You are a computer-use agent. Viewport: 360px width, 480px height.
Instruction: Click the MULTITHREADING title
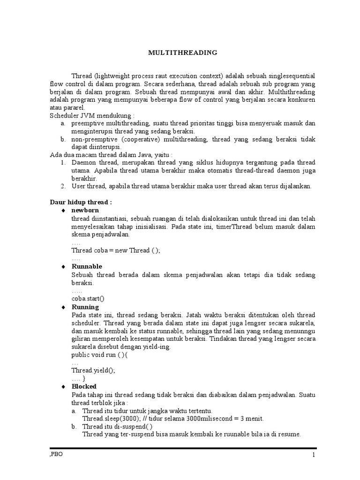tap(183, 52)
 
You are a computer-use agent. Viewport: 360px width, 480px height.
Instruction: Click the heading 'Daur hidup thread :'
tap(81, 202)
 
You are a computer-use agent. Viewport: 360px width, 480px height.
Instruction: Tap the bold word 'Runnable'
tap(87, 266)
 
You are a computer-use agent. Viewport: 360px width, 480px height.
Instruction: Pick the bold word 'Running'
tap(85, 307)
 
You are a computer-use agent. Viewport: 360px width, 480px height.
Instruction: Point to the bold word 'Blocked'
tap(84, 386)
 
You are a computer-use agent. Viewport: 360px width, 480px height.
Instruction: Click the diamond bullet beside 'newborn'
tap(63, 211)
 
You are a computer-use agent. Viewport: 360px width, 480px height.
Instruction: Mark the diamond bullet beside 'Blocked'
tap(63, 387)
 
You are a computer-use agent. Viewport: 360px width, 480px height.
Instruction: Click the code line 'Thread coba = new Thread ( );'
tap(116, 250)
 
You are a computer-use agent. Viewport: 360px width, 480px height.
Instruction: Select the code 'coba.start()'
tap(88, 299)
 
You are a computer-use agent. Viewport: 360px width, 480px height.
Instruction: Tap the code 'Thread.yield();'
tap(93, 370)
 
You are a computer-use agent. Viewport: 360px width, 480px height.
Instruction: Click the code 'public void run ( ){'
tap(99, 355)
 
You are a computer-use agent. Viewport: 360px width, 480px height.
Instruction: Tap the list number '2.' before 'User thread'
tap(64, 186)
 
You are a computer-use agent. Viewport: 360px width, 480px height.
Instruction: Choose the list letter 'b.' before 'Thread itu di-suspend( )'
tap(74, 427)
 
